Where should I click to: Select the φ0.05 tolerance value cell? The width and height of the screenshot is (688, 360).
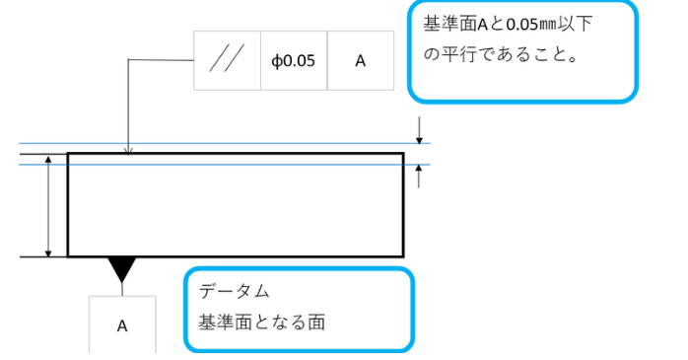[x=293, y=61]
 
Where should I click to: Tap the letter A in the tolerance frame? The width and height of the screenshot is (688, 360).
[x=360, y=61]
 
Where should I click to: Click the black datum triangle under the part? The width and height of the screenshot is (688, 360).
[x=121, y=267]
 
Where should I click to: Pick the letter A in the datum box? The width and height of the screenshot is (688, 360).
[x=122, y=325]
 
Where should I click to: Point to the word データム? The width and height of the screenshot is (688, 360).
[x=234, y=292]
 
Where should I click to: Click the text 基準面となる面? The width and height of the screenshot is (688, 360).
[x=262, y=322]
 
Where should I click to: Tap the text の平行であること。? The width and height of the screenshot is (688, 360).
[x=501, y=55]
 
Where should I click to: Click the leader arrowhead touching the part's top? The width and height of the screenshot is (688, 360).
[x=128, y=150]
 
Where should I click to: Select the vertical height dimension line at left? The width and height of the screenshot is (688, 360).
[x=49, y=205]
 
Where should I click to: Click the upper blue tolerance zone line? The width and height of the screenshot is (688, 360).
[x=246, y=144]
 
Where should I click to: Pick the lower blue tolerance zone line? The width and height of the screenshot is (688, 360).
[x=246, y=164]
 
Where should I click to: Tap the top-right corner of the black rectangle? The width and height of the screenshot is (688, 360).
[x=402, y=154]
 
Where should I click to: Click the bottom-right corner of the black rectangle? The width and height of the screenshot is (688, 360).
[x=402, y=255]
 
